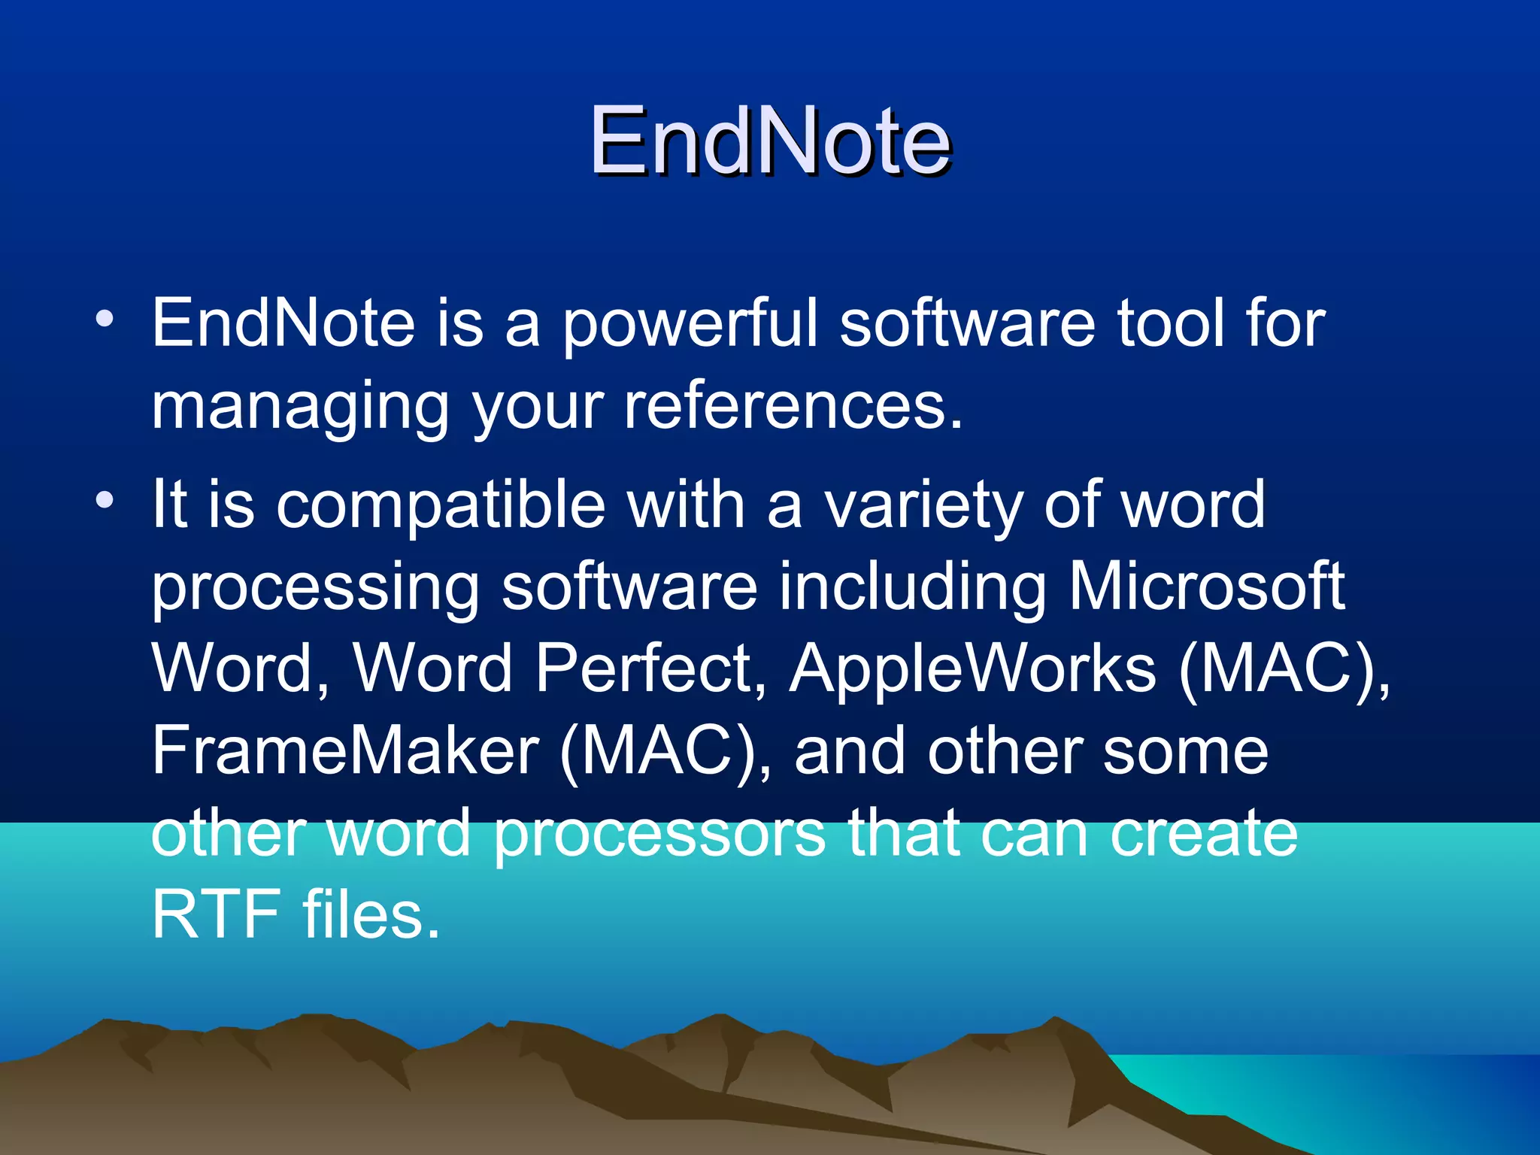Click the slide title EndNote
[770, 141]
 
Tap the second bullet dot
[105, 499]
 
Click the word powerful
[690, 325]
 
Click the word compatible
[441, 505]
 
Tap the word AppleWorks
[972, 669]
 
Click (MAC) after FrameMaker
[665, 752]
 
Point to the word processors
[659, 835]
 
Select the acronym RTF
[216, 914]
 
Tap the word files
[371, 914]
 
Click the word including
[911, 588]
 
